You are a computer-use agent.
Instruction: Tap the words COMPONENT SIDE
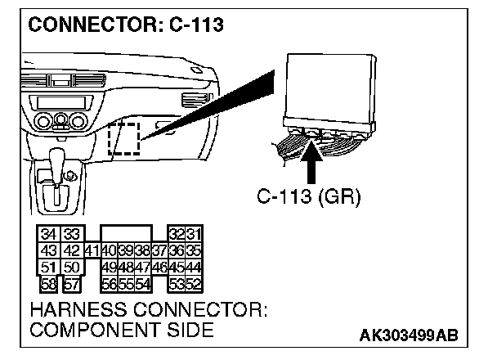tap(122, 331)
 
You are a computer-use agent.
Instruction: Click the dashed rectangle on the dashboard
tap(123, 138)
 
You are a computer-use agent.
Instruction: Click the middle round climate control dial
tap(60, 123)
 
